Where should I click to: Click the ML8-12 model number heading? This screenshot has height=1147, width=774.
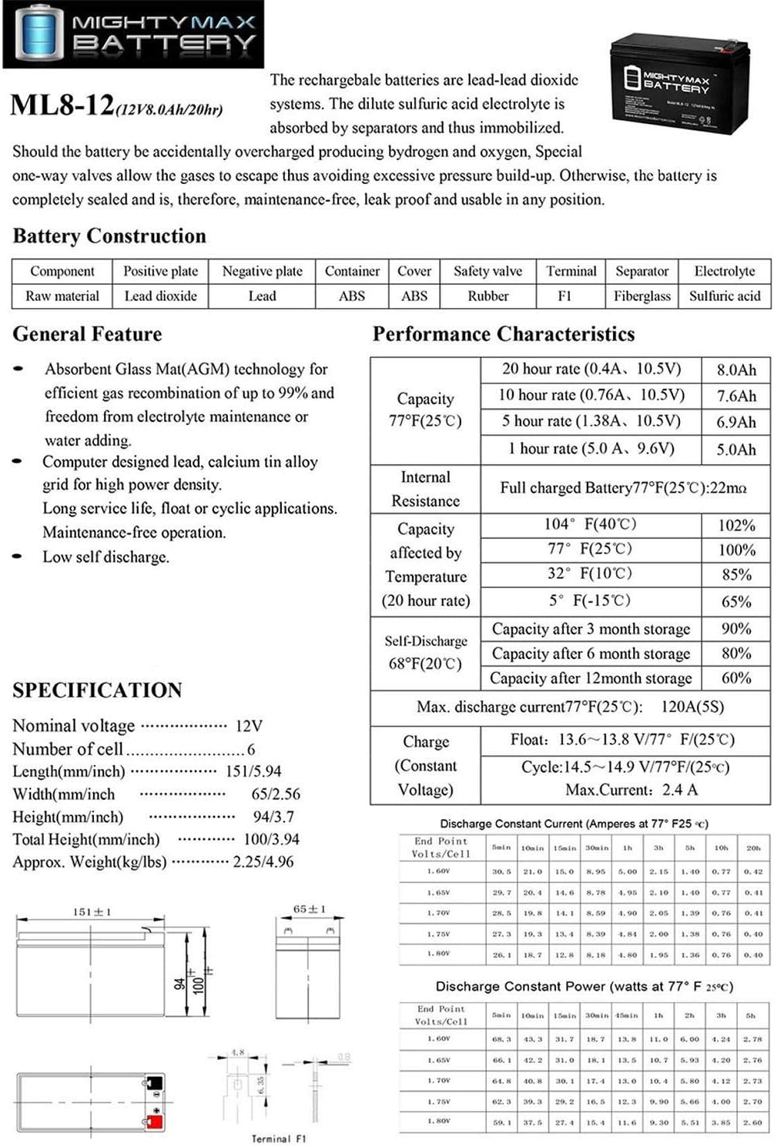(x=62, y=105)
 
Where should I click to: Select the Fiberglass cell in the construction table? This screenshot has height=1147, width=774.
(x=642, y=296)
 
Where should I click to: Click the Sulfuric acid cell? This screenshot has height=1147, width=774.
(x=724, y=296)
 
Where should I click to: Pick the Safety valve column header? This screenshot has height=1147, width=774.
(x=488, y=271)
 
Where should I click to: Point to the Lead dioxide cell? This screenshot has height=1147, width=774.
(x=160, y=296)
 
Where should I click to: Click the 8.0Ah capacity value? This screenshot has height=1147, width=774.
(x=736, y=370)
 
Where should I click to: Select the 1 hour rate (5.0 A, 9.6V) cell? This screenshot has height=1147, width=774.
(x=591, y=448)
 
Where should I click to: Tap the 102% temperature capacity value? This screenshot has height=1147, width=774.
(x=736, y=526)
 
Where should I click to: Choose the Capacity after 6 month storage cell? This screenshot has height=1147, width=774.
(x=591, y=654)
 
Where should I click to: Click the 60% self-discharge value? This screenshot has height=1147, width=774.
(x=736, y=678)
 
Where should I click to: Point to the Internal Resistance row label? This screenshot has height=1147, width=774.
(x=425, y=489)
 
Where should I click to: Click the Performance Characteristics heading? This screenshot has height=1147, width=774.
(x=504, y=334)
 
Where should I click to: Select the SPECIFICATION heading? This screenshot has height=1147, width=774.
(x=97, y=690)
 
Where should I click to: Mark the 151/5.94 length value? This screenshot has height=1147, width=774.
(x=253, y=771)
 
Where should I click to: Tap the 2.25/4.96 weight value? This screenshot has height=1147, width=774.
(x=263, y=861)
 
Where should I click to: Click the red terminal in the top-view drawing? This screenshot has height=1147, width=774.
(x=155, y=1122)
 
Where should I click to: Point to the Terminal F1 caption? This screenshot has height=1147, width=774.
(x=278, y=1139)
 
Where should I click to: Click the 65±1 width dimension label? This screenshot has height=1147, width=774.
(x=309, y=909)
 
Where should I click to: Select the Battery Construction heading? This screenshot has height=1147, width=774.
(x=109, y=236)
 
